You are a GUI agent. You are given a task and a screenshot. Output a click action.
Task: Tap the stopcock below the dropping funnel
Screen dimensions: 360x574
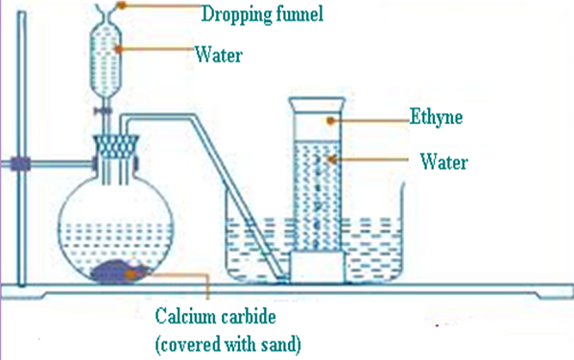tap(102, 112)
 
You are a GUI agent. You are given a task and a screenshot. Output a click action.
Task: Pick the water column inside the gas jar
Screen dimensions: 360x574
tap(318, 192)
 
